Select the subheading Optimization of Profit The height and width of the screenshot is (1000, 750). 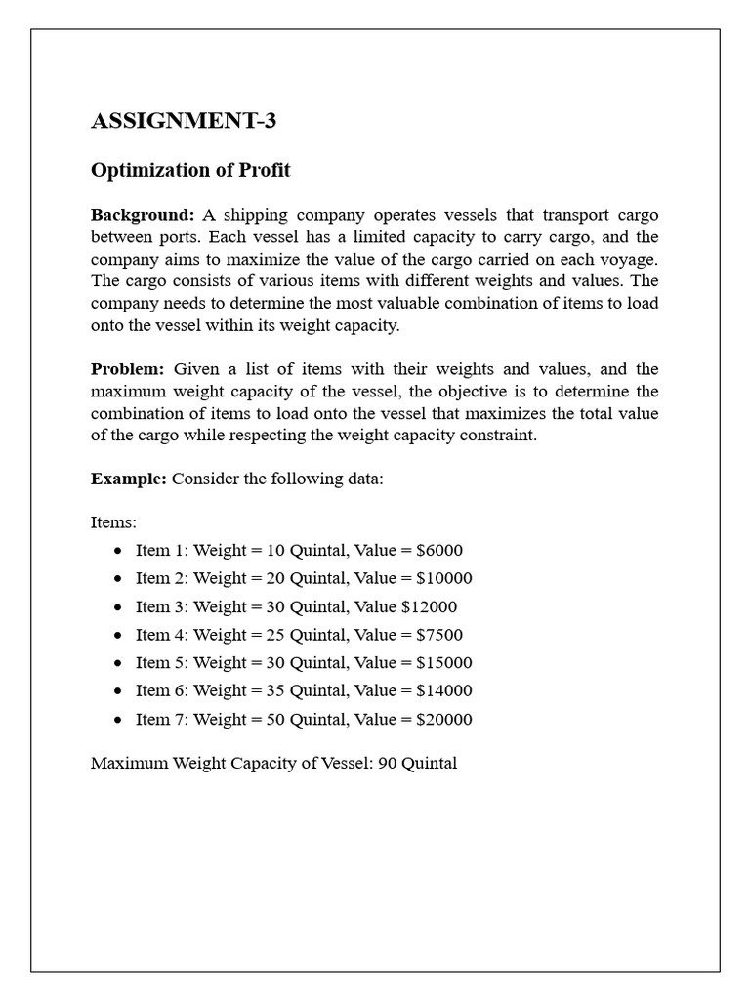(x=190, y=170)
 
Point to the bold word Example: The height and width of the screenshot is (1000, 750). (x=129, y=479)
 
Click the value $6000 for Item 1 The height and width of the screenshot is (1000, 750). (x=438, y=550)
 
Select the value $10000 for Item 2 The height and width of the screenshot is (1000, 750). (x=443, y=578)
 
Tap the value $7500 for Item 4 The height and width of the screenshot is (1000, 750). (x=438, y=635)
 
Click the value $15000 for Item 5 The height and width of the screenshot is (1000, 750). (x=443, y=663)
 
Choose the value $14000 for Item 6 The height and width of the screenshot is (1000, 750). (x=443, y=691)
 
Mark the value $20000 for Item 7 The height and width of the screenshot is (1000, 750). (x=443, y=720)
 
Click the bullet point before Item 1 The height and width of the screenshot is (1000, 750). (x=118, y=551)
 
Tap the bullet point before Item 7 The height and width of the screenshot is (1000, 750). (x=118, y=721)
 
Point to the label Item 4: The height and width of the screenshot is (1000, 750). (x=162, y=635)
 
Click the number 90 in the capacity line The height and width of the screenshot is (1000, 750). (x=387, y=763)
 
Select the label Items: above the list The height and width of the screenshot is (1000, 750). (x=113, y=522)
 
